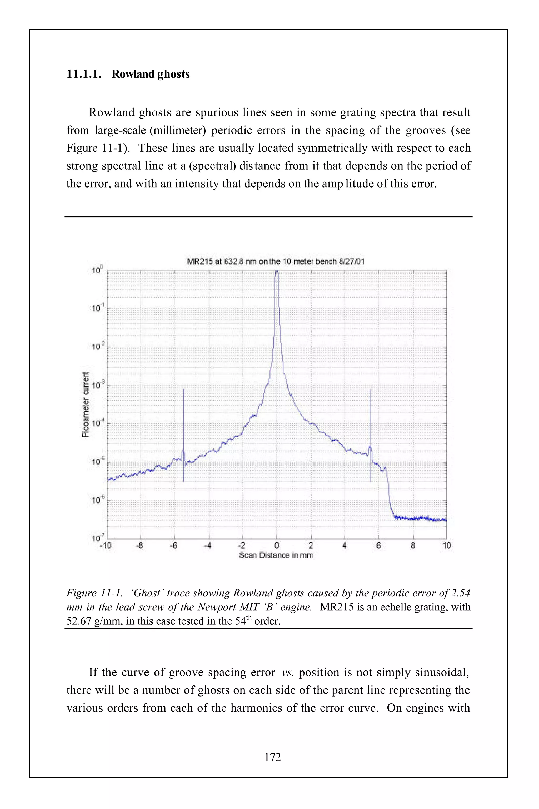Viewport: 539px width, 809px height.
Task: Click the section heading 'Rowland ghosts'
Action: tap(150, 74)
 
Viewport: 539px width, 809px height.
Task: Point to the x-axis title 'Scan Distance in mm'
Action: tap(276, 555)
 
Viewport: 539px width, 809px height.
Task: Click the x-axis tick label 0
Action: tap(276, 545)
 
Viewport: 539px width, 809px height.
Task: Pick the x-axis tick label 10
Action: tap(447, 545)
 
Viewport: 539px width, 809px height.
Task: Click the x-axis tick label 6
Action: tap(378, 545)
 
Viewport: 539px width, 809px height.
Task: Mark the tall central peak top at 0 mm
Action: tap(277, 272)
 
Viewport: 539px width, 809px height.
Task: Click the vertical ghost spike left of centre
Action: tap(184, 430)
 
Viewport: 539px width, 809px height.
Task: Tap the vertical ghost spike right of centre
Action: tap(370, 430)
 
